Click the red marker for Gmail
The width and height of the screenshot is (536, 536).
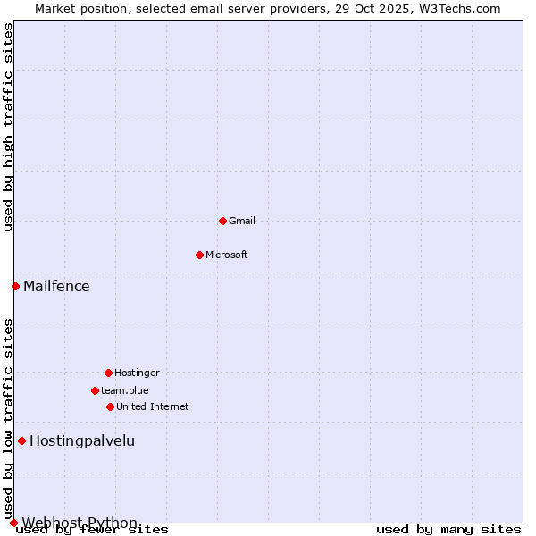coord(222,221)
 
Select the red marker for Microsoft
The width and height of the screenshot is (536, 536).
coord(199,255)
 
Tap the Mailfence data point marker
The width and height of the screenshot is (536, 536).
coord(15,286)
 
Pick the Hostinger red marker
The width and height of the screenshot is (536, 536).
coord(108,373)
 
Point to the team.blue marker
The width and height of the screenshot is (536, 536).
coord(95,390)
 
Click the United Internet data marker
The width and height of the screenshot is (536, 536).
coord(110,406)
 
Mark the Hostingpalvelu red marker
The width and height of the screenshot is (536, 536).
coord(21,440)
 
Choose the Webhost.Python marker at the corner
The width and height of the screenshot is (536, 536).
coord(13,523)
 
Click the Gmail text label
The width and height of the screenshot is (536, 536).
coord(242,221)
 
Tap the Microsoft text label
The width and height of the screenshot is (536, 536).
coord(227,255)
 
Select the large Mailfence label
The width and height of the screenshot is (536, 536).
coord(56,286)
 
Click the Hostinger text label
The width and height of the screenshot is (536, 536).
coord(137,373)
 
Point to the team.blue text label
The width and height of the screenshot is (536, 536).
coord(125,390)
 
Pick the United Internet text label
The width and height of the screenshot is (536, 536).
coord(153,406)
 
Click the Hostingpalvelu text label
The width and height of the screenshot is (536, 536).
coord(82,440)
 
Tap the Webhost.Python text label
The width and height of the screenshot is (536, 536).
coord(80,523)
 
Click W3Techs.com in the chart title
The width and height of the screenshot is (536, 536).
coord(459,8)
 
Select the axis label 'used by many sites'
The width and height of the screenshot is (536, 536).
coord(448,529)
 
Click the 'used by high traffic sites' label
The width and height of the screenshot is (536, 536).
coord(8,127)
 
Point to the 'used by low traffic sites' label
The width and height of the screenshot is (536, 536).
coord(8,418)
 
